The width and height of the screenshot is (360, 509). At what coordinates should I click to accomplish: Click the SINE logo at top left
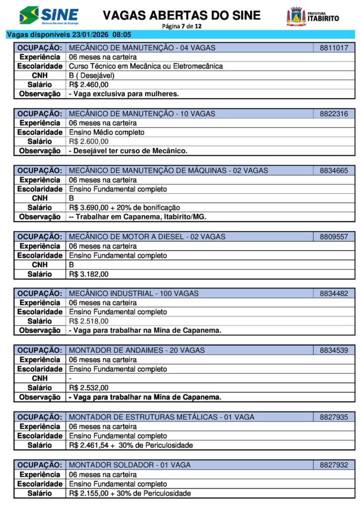click(x=49, y=15)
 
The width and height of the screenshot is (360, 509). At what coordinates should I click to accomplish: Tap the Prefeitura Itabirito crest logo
click(x=296, y=17)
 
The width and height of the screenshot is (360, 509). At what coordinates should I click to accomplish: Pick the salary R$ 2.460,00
click(x=89, y=85)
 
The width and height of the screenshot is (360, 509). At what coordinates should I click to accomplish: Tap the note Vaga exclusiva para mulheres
click(x=124, y=93)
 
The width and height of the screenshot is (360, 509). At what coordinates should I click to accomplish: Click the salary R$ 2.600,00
click(x=89, y=142)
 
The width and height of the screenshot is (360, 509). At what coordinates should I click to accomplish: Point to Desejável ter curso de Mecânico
click(x=128, y=151)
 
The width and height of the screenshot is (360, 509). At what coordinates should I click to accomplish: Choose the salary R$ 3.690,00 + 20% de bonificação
click(x=124, y=207)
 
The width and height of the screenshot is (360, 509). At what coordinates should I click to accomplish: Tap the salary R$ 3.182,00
click(x=89, y=274)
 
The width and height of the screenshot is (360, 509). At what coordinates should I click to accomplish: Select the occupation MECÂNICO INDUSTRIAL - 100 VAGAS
click(x=133, y=293)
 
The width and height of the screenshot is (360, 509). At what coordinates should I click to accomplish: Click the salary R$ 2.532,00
click(x=89, y=388)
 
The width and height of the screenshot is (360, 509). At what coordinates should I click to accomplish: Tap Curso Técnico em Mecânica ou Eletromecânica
click(x=146, y=66)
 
